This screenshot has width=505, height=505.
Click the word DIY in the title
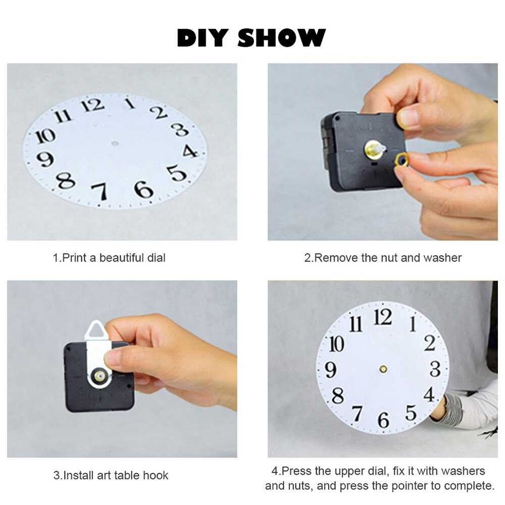tap(203, 38)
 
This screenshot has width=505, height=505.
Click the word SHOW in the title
tap(281, 38)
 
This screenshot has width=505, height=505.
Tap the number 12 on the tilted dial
tap(94, 105)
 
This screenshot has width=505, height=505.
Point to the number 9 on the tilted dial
tap(45, 159)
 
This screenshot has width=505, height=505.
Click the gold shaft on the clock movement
tap(375, 149)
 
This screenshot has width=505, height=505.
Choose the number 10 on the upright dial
tap(336, 344)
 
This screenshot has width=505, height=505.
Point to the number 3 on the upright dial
tap(435, 369)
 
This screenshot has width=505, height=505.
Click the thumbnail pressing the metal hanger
tap(112, 359)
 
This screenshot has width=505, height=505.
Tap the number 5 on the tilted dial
tap(177, 173)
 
